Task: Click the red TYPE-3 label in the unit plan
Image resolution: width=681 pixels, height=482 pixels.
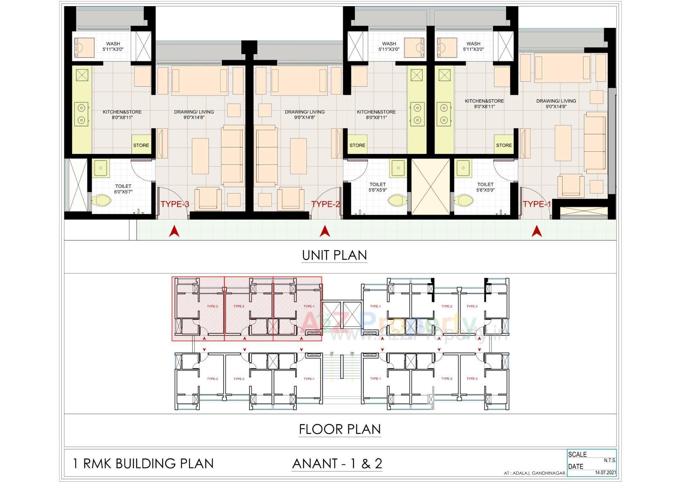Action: (175, 204)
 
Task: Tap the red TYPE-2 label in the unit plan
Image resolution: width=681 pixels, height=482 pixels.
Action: (326, 204)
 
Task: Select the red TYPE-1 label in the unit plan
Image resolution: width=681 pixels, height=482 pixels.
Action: (537, 204)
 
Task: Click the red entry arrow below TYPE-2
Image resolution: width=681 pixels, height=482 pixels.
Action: (325, 231)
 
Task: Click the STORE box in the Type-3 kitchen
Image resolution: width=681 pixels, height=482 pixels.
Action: (141, 145)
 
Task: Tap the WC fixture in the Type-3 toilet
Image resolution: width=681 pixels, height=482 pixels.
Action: (102, 201)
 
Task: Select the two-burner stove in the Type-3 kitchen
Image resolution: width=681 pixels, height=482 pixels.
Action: (82, 114)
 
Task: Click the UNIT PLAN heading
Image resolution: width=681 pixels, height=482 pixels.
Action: (334, 255)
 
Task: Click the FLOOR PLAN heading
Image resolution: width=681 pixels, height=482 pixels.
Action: (339, 429)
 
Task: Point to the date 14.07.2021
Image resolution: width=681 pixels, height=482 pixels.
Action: (605, 473)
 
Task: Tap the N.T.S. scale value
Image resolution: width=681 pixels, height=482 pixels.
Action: (610, 460)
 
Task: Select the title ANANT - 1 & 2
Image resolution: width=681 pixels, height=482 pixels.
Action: (337, 464)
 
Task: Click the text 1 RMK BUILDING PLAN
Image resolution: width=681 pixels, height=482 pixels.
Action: (143, 464)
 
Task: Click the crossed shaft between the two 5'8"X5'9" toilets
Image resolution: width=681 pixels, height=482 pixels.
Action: (430, 186)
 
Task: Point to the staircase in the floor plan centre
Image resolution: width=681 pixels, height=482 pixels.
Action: (342, 377)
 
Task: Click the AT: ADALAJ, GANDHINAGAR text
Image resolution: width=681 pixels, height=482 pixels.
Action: (535, 473)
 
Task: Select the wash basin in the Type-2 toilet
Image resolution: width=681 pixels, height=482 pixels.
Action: (398, 168)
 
